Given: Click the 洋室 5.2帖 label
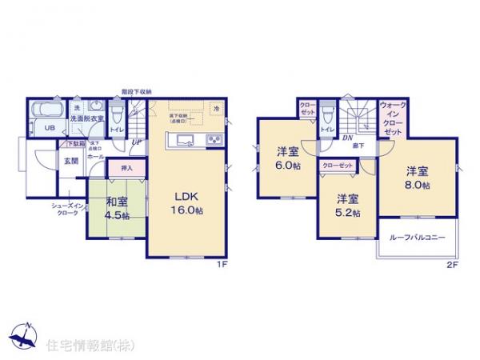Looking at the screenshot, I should tap(347, 206).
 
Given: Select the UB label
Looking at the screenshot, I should tap(47, 127).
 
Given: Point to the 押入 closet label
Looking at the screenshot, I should tap(127, 169).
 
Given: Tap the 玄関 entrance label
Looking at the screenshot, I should tap(71, 161).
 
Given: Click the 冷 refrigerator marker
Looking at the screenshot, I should tap(216, 107).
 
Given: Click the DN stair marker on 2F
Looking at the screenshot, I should tap(348, 138).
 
